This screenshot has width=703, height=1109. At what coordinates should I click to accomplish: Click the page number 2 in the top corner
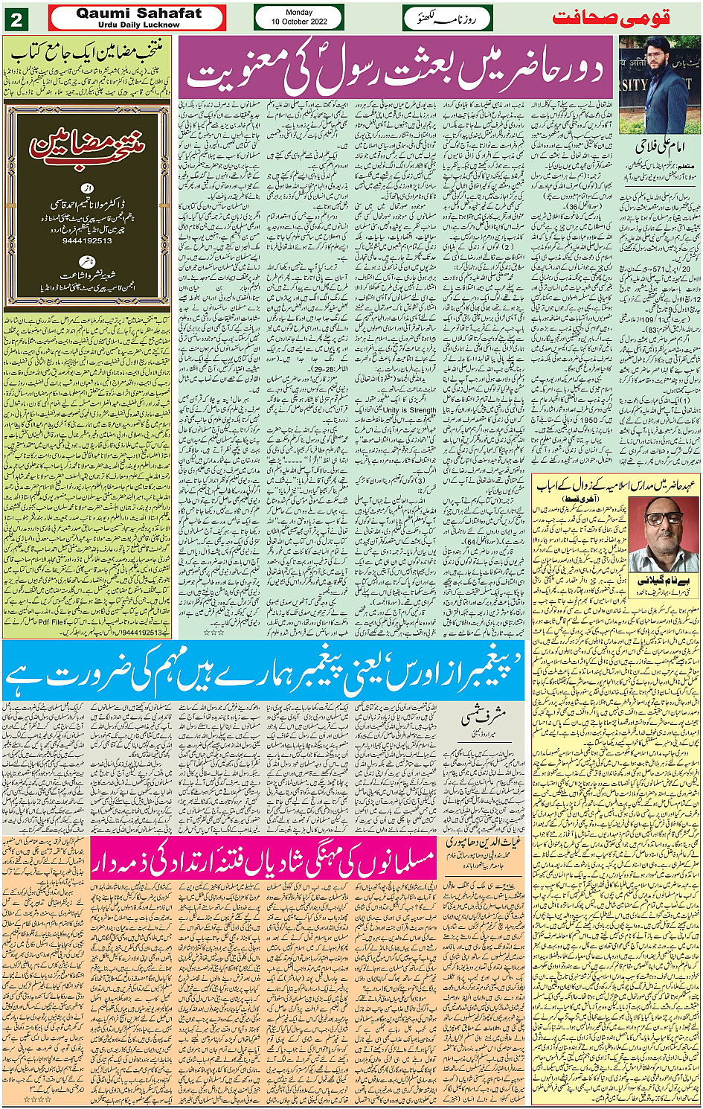(16, 20)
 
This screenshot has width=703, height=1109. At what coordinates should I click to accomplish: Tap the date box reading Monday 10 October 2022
(299, 17)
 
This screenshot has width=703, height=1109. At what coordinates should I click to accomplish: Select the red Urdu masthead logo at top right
(611, 18)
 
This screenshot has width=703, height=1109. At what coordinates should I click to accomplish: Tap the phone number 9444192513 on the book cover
(87, 241)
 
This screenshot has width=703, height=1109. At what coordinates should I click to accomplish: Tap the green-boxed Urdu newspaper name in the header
(447, 18)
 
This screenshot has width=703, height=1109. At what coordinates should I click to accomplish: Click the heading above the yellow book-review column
(87, 51)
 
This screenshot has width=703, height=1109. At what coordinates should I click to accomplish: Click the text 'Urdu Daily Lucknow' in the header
(138, 25)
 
